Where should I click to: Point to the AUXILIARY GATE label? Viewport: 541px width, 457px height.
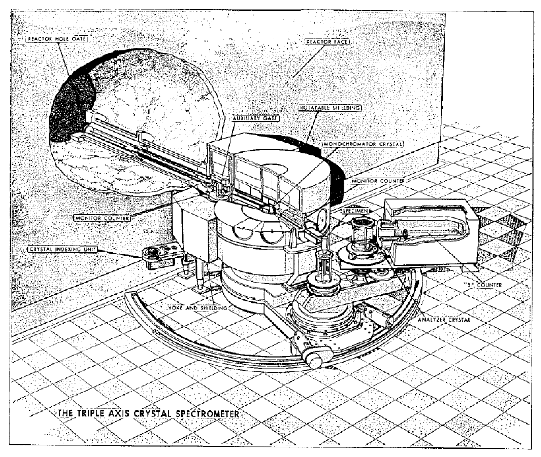pos(255,118)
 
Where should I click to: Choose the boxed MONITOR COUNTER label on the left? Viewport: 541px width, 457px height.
pos(102,218)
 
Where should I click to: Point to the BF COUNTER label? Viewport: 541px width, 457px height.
pos(482,285)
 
